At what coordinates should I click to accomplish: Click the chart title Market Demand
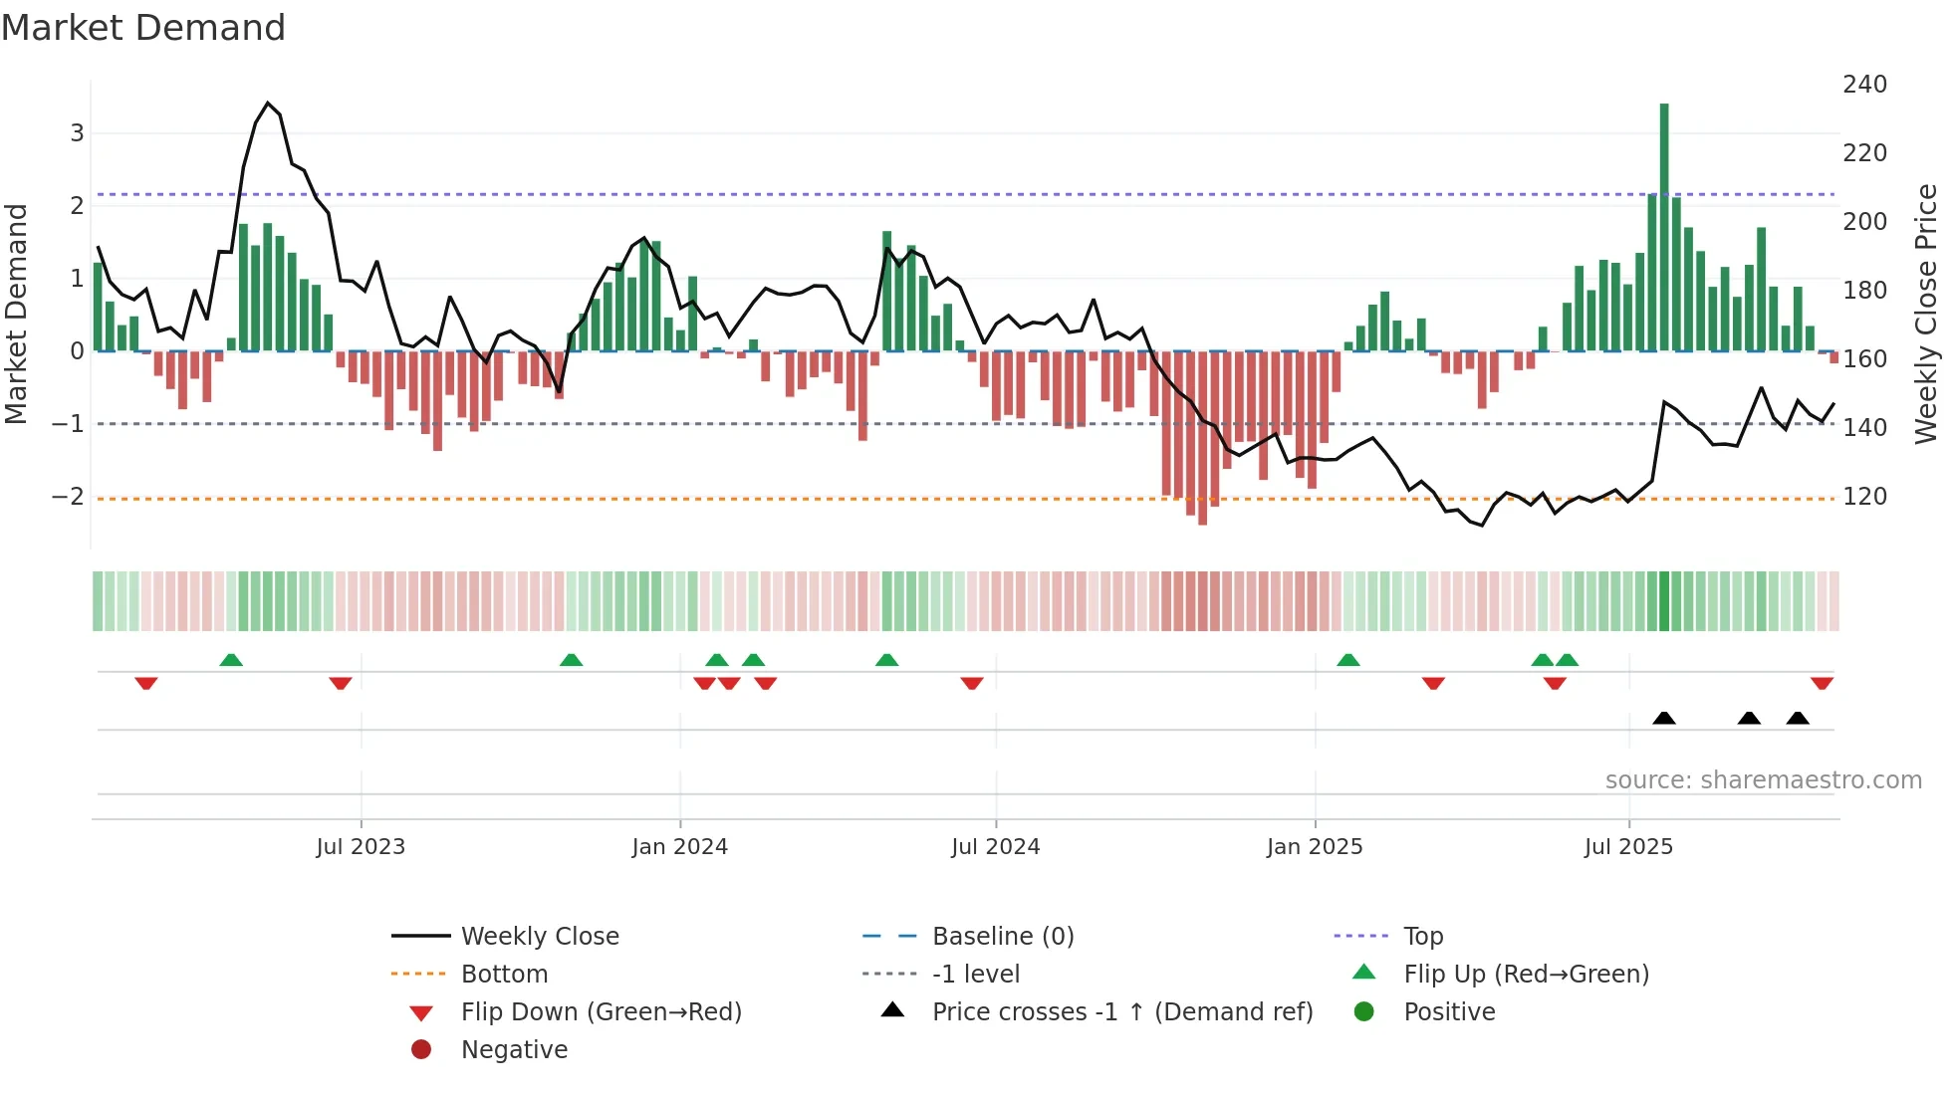point(143,28)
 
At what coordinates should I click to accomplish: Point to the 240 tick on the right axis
point(1864,85)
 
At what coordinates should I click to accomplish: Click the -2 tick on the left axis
point(68,497)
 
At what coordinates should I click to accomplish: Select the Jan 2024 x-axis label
point(679,847)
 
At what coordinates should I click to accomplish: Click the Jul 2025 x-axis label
point(1628,847)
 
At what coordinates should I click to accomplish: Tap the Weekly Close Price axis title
point(1926,314)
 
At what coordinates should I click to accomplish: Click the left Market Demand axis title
point(16,314)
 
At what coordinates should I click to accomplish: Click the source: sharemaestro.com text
point(1763,780)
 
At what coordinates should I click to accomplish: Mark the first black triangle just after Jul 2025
point(1664,718)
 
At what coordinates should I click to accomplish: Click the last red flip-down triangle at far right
point(1822,683)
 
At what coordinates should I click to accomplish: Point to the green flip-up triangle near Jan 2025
point(1347,660)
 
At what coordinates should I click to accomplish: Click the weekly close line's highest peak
point(267,103)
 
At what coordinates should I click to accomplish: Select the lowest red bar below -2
point(1202,438)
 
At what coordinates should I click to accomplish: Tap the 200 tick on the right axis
point(1864,222)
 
